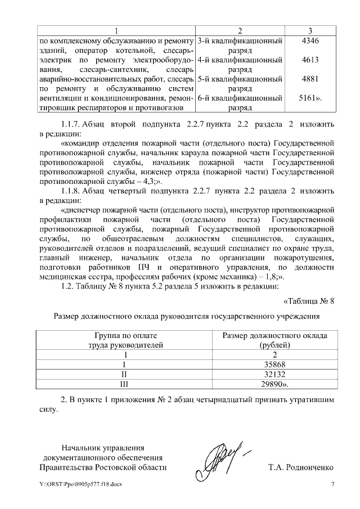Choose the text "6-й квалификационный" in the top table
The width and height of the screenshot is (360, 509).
240,98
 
